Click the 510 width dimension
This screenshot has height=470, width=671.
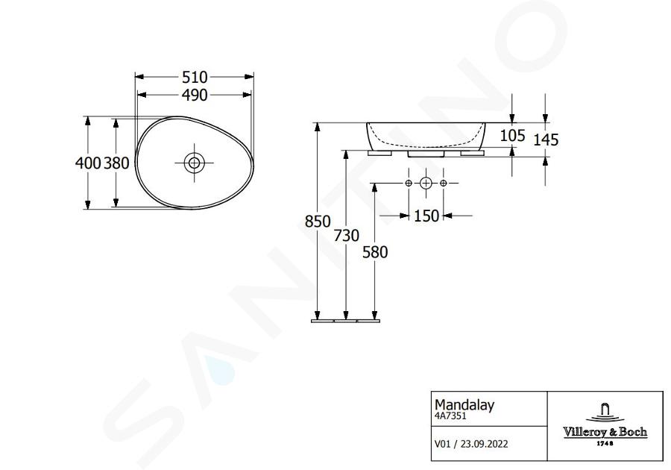click(195, 78)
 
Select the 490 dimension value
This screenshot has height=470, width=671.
click(195, 95)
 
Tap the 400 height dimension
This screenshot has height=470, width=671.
click(88, 163)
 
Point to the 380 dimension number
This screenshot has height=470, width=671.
click(116, 163)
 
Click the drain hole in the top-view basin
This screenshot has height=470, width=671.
click(195, 163)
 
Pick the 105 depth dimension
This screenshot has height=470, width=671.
click(513, 136)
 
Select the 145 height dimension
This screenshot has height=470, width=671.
click(546, 140)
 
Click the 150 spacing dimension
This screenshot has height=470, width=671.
click(426, 216)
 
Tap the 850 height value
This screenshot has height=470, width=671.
click(318, 222)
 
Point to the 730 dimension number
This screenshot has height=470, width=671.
click(347, 236)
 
